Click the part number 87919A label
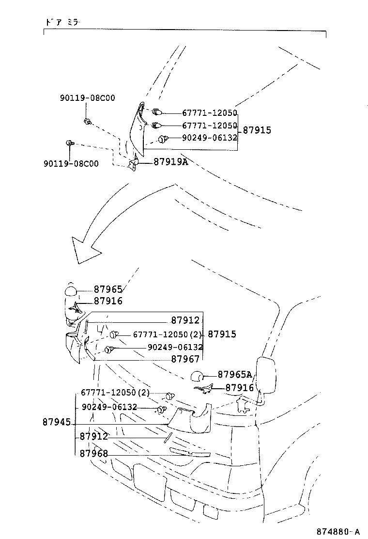click(x=170, y=162)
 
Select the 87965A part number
click(x=235, y=374)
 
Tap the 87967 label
click(x=185, y=359)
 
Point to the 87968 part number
click(x=94, y=454)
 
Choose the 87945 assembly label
click(x=57, y=423)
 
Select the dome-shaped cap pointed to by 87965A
click(x=197, y=377)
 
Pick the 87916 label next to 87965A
click(x=240, y=388)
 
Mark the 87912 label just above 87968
click(x=94, y=437)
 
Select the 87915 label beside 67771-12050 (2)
click(x=222, y=334)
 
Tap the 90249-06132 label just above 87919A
click(x=209, y=138)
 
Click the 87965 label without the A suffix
click(x=108, y=289)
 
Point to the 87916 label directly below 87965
click(x=108, y=301)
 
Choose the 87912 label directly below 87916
click(x=185, y=320)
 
